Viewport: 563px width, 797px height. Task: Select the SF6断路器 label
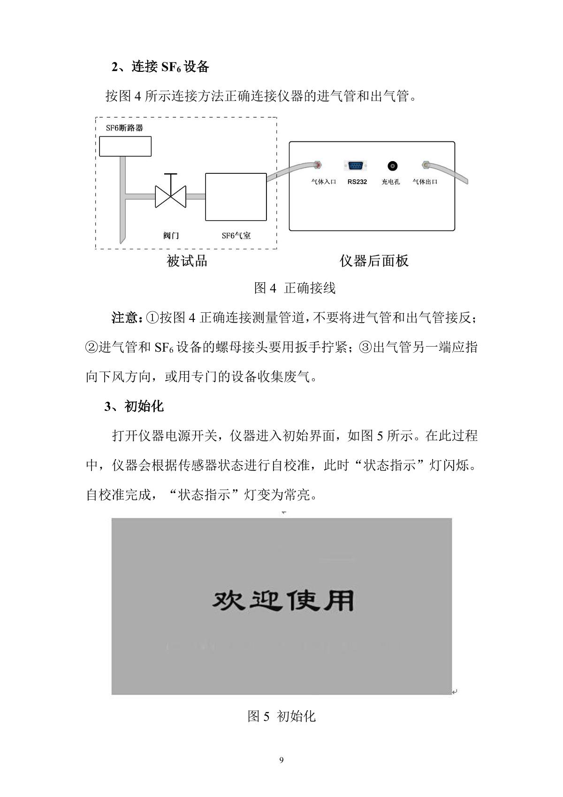point(124,128)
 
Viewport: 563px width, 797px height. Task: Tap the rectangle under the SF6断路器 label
point(125,146)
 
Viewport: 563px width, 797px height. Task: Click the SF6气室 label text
point(236,236)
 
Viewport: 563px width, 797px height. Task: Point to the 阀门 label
point(171,236)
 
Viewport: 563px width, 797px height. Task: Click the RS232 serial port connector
point(355,165)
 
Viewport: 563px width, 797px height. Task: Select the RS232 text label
point(357,182)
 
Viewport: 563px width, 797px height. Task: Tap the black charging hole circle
point(392,166)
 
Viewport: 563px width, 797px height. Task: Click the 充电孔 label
point(391,182)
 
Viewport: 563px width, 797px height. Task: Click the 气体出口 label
point(425,182)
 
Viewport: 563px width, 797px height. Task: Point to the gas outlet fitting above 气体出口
point(425,165)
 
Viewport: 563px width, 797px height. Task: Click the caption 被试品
point(187,261)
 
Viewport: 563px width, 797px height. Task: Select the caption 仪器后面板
point(374,261)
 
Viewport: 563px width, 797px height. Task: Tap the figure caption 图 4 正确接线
point(295,288)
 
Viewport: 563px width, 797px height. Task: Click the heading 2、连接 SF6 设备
point(160,67)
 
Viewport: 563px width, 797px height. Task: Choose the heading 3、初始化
point(134,406)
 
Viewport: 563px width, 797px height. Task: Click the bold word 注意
point(126,317)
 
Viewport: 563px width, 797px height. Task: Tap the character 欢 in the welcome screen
point(228,601)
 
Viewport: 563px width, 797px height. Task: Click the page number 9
point(281,760)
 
